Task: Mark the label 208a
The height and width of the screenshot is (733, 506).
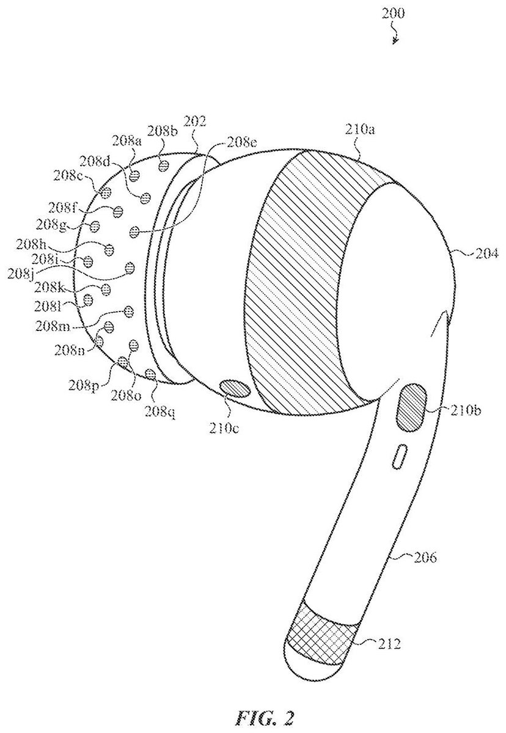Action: click(x=127, y=140)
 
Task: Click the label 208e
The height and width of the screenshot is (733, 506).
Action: click(x=241, y=142)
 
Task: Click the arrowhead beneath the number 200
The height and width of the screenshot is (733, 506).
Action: click(x=396, y=41)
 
